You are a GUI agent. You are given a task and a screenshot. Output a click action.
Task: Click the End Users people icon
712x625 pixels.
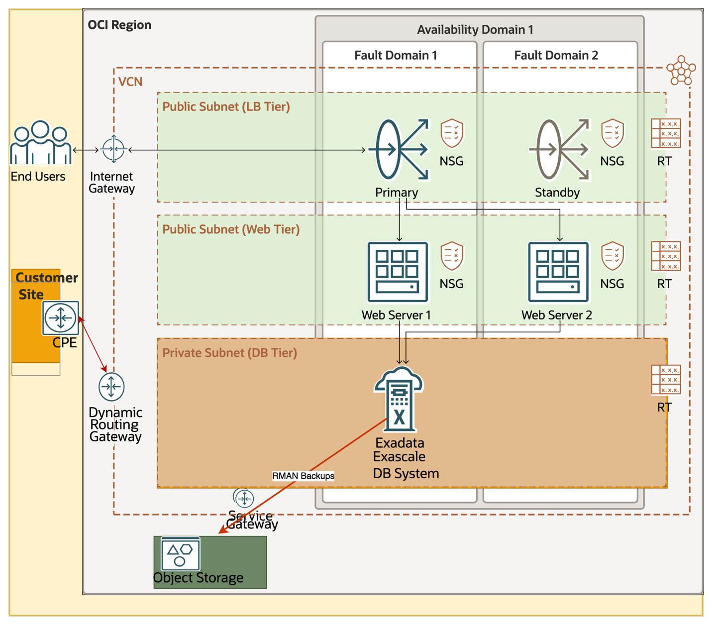pyautogui.click(x=40, y=143)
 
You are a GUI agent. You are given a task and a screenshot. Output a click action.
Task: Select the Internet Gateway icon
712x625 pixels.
pyautogui.click(x=113, y=149)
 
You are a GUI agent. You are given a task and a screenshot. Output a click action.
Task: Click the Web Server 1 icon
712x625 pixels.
pyautogui.click(x=398, y=272)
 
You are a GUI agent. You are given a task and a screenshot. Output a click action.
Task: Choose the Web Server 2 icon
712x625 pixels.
pyautogui.click(x=558, y=272)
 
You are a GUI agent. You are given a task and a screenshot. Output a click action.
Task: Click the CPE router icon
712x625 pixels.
pyautogui.click(x=61, y=317)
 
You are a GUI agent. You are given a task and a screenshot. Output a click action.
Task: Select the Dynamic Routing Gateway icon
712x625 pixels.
pyautogui.click(x=111, y=387)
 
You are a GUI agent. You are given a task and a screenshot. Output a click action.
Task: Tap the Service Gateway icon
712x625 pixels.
pyautogui.click(x=244, y=498)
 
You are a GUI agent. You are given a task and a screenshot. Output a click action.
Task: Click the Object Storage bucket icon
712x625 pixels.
pyautogui.click(x=181, y=554)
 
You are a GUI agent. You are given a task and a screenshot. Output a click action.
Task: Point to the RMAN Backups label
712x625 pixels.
pyautogui.click(x=303, y=476)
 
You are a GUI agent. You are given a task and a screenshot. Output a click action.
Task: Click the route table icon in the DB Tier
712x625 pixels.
pyautogui.click(x=666, y=380)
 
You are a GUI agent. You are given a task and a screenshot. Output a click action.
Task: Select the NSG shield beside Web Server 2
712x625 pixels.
pyautogui.click(x=612, y=256)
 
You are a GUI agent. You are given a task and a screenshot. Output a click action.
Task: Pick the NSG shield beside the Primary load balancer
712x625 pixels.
pyautogui.click(x=452, y=133)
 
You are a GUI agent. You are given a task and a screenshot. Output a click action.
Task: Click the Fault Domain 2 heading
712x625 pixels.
pyautogui.click(x=556, y=55)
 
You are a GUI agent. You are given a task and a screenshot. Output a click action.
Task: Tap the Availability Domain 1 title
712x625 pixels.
pyautogui.click(x=475, y=30)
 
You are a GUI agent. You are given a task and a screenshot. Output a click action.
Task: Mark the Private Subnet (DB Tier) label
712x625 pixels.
pyautogui.click(x=229, y=353)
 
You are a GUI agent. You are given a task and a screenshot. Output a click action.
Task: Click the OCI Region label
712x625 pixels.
pyautogui.click(x=119, y=25)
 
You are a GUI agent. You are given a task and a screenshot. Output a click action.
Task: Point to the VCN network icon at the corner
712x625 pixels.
pyautogui.click(x=681, y=70)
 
